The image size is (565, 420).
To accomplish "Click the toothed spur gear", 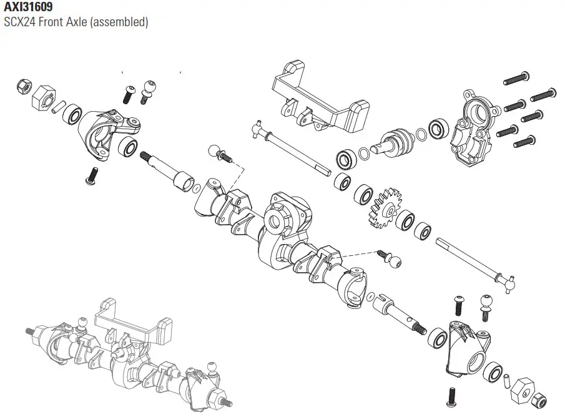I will pyautogui.click(x=382, y=208).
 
